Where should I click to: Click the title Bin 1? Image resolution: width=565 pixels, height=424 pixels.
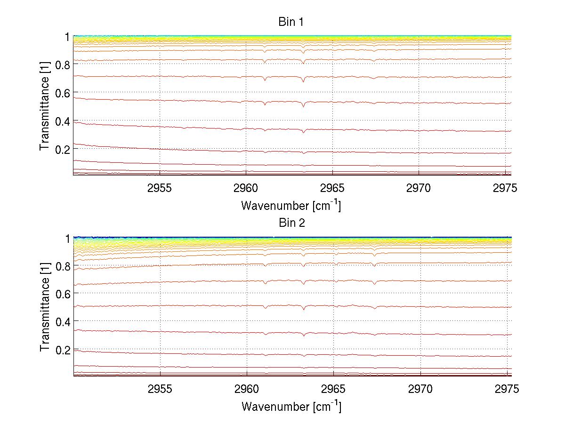[291, 22]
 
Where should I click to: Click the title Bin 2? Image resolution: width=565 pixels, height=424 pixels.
[291, 223]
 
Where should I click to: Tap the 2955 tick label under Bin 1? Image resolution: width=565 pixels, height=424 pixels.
[160, 189]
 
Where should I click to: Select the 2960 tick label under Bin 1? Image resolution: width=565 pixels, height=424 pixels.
[247, 189]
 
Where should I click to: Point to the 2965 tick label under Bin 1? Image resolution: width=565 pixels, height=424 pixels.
[333, 189]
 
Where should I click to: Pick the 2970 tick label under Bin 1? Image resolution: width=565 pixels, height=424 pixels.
[419, 189]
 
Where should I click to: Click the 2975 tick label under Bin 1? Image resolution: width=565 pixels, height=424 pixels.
[505, 189]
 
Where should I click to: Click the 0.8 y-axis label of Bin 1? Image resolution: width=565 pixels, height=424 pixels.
[63, 65]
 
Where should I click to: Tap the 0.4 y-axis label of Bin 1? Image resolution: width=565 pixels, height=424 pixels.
[63, 121]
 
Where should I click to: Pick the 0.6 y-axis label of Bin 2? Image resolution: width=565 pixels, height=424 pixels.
[63, 294]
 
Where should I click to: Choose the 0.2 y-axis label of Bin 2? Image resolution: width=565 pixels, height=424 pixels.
[63, 350]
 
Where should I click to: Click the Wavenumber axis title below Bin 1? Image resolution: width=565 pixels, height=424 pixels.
[291, 205]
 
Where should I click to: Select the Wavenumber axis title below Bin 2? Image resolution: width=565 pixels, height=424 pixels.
[291, 406]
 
